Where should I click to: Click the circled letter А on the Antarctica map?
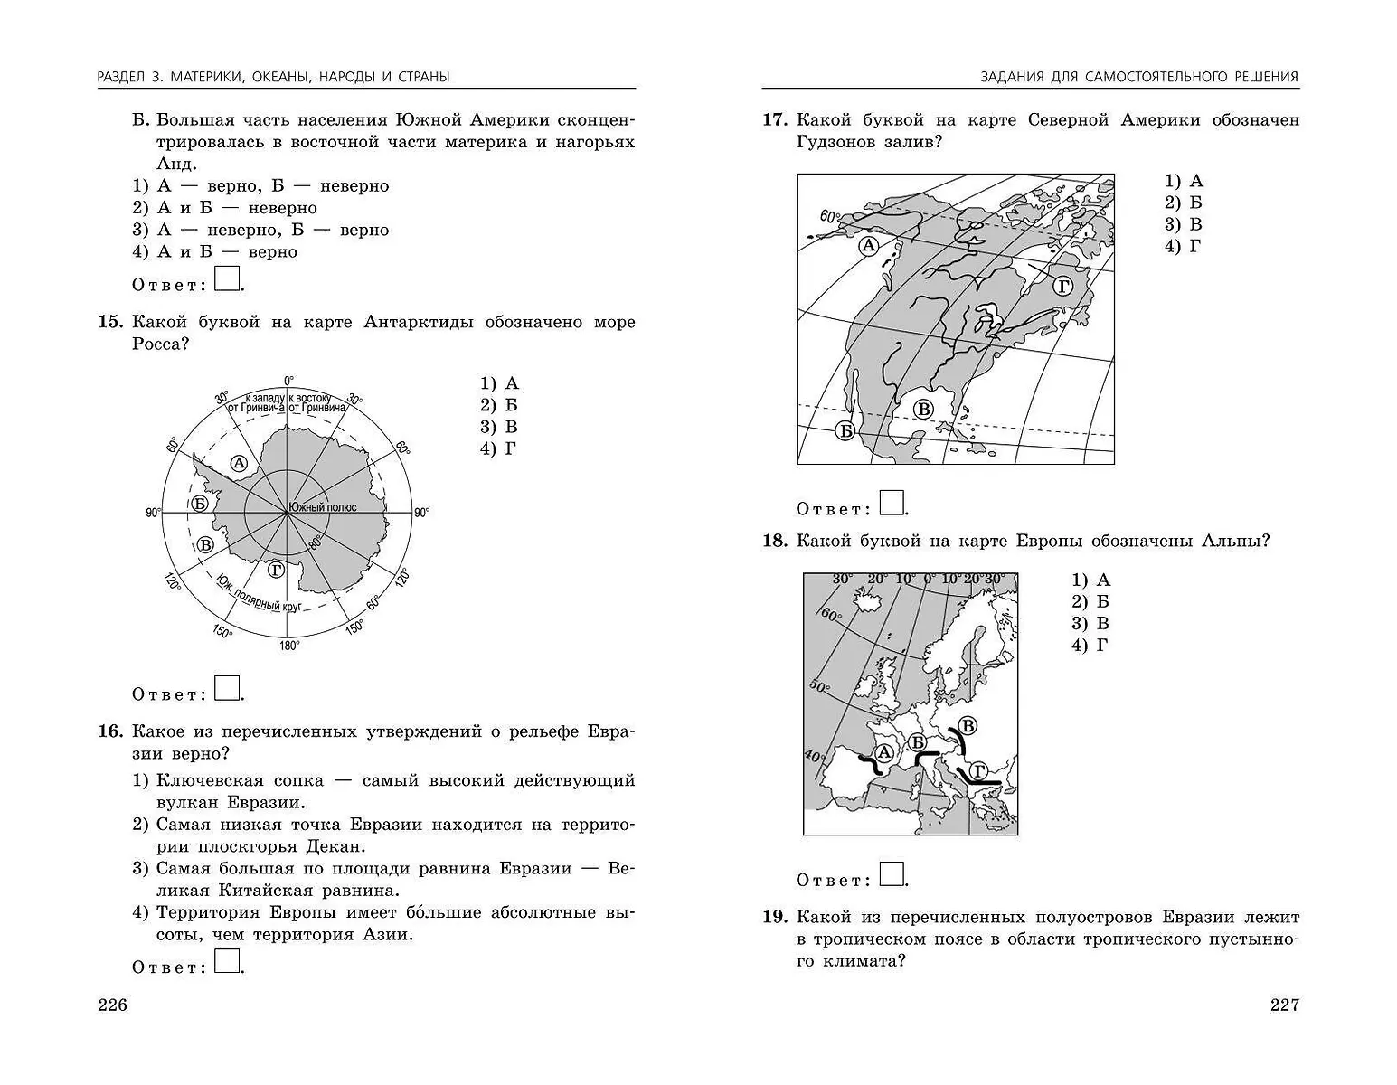pos(239,464)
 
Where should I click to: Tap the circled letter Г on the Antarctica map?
pos(276,570)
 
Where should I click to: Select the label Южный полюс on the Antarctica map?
pos(323,507)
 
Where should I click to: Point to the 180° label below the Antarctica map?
pos(289,646)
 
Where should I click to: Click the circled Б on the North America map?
pos(845,430)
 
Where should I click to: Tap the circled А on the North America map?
pos(869,246)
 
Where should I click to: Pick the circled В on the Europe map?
pos(968,725)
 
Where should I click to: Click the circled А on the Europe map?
pos(883,752)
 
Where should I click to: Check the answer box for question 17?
pos(892,503)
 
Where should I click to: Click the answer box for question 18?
pos(892,874)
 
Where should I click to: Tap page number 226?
pos(112,1005)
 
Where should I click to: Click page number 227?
pos(1284,1005)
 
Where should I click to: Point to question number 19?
pos(775,918)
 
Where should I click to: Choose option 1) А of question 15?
pos(500,383)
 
